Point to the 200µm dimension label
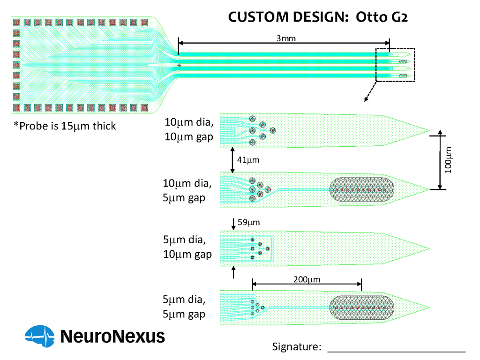307,279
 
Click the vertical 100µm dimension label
450,160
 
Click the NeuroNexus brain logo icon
40,336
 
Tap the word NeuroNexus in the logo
112,336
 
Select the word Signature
296,347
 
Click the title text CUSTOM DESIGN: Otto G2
318,17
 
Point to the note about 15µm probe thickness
65,126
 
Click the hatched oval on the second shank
361,190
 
